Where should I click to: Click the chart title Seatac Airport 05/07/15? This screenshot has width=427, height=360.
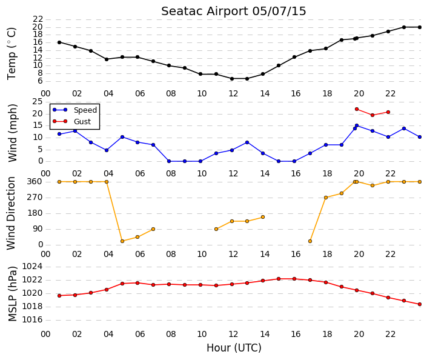click(233, 12)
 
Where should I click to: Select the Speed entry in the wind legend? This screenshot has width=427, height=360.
click(85, 110)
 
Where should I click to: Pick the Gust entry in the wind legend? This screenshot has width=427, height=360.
click(82, 122)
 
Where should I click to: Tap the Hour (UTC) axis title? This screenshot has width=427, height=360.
click(234, 348)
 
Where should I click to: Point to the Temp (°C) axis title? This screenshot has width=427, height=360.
click(12, 54)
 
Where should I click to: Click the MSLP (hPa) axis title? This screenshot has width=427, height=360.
click(13, 294)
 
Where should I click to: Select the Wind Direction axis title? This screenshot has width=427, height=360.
click(11, 213)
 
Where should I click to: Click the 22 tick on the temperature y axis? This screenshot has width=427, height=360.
click(38, 19)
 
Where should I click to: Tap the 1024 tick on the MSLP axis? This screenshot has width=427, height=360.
click(32, 267)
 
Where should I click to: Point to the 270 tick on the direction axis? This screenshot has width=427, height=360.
click(35, 198)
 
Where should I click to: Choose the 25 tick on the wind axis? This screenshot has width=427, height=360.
click(38, 102)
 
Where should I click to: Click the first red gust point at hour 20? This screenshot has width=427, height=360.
click(357, 109)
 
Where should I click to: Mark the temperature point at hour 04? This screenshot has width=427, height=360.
click(107, 59)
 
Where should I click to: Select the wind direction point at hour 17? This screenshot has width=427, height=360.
click(310, 241)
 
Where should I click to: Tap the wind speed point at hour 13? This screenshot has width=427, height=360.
click(247, 142)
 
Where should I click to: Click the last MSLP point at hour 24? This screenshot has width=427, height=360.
click(420, 304)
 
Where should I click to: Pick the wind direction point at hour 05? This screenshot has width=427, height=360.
click(122, 241)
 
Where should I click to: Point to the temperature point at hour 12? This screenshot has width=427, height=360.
click(232, 79)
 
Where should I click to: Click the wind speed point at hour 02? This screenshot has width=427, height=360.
click(75, 131)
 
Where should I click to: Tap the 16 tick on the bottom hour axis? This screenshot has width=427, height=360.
click(296, 334)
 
